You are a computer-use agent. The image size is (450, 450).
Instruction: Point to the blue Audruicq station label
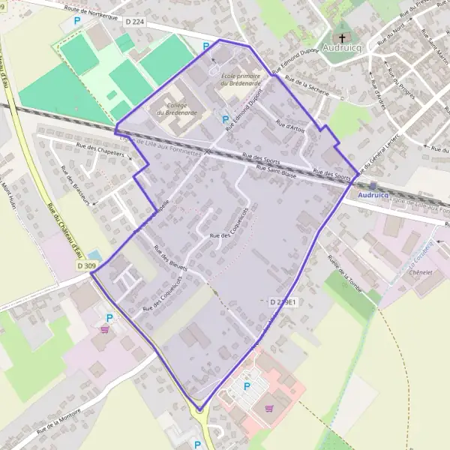(x=374, y=195)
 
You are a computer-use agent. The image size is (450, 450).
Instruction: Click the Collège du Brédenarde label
(x=177, y=109)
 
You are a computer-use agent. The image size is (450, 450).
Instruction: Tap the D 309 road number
(x=86, y=265)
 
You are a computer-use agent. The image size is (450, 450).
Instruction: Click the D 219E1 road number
(x=284, y=301)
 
